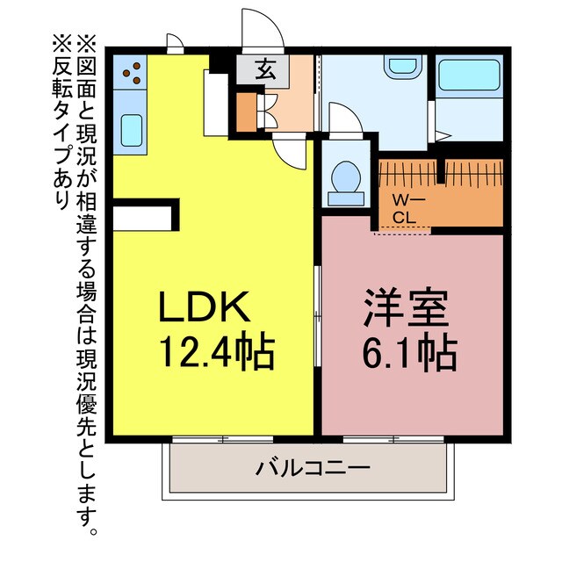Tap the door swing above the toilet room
coord(342,119)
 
